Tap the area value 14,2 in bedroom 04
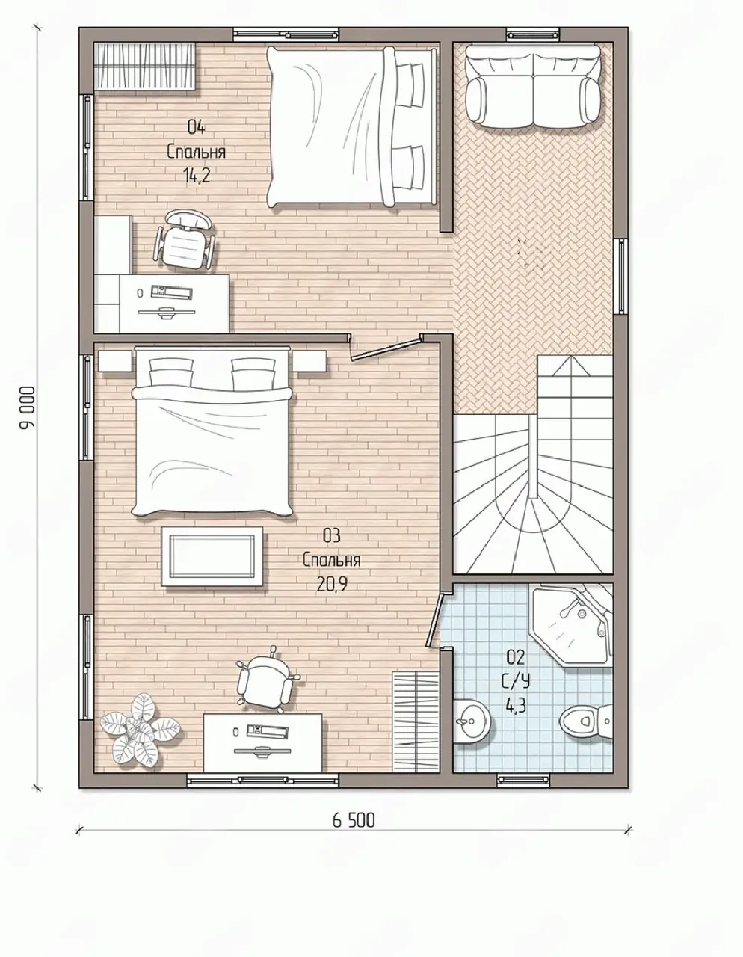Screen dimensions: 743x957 (196, 176)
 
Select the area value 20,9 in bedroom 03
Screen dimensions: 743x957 (332, 584)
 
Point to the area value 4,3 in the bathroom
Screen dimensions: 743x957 (517, 708)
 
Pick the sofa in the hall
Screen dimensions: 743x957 (534, 86)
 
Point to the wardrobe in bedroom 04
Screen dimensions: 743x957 (145, 67)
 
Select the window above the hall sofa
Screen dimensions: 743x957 (534, 34)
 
